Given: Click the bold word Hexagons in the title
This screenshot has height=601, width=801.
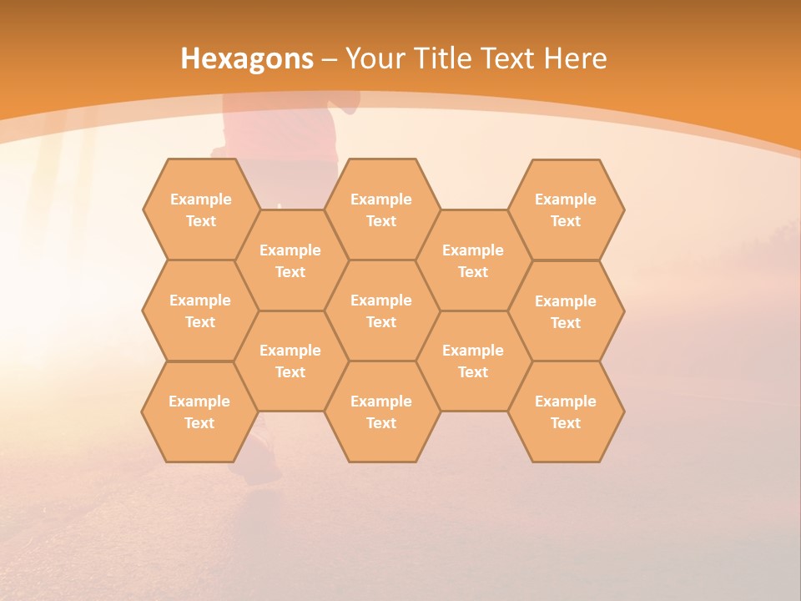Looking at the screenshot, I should tap(247, 58).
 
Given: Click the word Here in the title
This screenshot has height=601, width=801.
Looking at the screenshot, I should tap(575, 58).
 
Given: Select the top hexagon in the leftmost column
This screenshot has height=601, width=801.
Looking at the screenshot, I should tap(200, 210).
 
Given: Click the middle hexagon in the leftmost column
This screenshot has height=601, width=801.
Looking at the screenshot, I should tap(200, 311).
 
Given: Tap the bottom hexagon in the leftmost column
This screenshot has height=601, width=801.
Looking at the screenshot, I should tap(199, 412).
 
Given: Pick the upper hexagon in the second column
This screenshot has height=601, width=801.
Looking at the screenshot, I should tap(290, 260).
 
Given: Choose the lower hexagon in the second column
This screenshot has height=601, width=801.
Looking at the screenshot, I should tap(290, 361).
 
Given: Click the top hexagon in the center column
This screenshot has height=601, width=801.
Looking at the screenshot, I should tap(381, 210).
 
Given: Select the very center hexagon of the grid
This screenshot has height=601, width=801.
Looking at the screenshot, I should tap(381, 311).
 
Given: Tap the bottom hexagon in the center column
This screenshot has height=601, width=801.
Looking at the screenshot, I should tap(381, 412).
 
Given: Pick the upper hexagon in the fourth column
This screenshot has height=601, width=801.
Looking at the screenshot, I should tap(473, 260).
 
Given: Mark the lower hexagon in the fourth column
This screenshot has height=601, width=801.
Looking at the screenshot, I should tap(473, 361).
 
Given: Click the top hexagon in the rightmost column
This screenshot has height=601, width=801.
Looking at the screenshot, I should tap(566, 210).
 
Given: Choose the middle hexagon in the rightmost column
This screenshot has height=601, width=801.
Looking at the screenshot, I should tap(566, 311).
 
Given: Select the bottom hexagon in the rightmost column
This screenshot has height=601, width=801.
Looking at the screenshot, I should tap(566, 412).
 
